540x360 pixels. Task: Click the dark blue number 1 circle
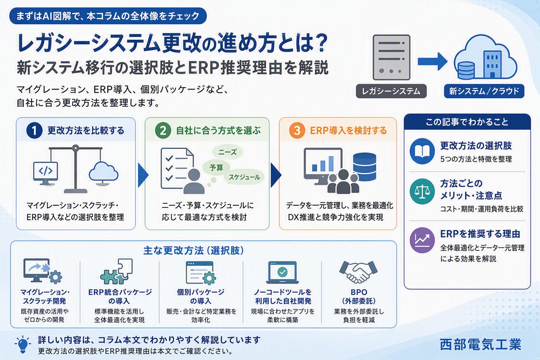[34, 131]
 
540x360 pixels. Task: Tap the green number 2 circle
[163, 131]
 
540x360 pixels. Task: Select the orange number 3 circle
[297, 131]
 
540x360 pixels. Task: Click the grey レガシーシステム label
[391, 91]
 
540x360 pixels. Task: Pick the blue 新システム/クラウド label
[484, 91]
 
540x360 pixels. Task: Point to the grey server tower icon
[391, 57]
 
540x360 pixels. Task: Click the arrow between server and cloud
[432, 61]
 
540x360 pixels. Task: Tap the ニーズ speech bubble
[227, 152]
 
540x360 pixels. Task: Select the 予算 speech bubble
[216, 167]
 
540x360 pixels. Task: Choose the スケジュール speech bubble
[244, 177]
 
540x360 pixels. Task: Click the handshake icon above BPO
[358, 272]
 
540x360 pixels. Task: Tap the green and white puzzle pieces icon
[117, 272]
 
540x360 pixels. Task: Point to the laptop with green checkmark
[282, 273]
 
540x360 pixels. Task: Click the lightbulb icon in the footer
[23, 345]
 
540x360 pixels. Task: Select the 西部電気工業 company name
[481, 344]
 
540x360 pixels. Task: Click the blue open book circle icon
[422, 151]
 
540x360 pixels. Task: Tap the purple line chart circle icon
[422, 240]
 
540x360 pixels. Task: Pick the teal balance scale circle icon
[422, 191]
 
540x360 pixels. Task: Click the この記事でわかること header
[467, 122]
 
